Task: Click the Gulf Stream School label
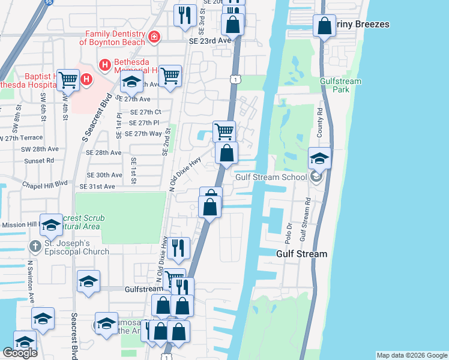pyautogui.click(x=266, y=177)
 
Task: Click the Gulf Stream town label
pyautogui.click(x=301, y=254)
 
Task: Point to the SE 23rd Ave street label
pyautogui.click(x=209, y=40)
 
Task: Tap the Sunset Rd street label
pyautogui.click(x=39, y=161)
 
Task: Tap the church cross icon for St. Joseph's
pyautogui.click(x=35, y=246)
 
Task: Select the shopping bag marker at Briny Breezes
pyautogui.click(x=324, y=26)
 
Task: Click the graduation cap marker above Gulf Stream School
pyautogui.click(x=320, y=158)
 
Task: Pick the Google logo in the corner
pyautogui.click(x=20, y=353)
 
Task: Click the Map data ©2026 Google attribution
pyautogui.click(x=411, y=355)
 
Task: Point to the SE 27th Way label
pyautogui.click(x=139, y=133)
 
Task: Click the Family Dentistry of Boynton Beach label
pyautogui.click(x=115, y=38)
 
